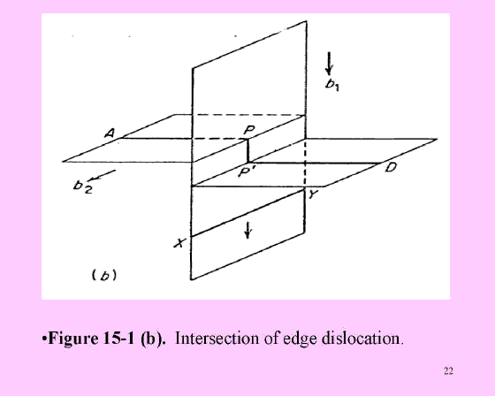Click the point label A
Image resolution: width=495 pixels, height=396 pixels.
pyautogui.click(x=110, y=133)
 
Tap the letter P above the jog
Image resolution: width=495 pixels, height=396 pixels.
pyautogui.click(x=249, y=130)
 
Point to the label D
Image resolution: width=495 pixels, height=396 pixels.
pyautogui.click(x=391, y=167)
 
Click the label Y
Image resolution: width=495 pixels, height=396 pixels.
pyautogui.click(x=312, y=194)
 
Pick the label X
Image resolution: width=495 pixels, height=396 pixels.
pyautogui.click(x=179, y=243)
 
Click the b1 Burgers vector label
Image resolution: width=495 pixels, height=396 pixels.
pyautogui.click(x=332, y=85)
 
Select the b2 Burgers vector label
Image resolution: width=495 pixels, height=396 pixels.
pyautogui.click(x=83, y=187)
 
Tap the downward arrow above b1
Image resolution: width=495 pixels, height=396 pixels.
pyautogui.click(x=329, y=63)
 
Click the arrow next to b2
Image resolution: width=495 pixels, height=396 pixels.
pyautogui.click(x=103, y=176)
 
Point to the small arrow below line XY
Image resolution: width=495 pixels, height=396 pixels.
pyautogui.click(x=247, y=230)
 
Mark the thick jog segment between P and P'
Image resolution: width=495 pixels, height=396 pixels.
pyautogui.click(x=247, y=150)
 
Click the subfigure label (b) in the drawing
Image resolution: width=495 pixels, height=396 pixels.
pyautogui.click(x=104, y=276)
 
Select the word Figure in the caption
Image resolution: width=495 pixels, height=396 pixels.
pyautogui.click(x=73, y=339)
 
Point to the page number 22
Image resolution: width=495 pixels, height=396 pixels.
pyautogui.click(x=448, y=370)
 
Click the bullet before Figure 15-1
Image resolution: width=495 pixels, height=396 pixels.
pyautogui.click(x=44, y=339)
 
